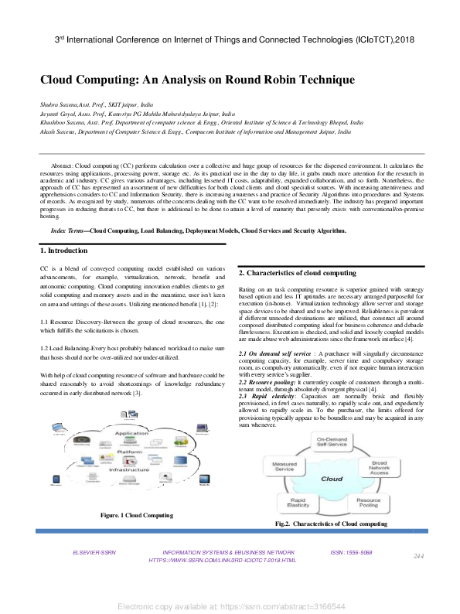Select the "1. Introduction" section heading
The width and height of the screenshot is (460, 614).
point(66,251)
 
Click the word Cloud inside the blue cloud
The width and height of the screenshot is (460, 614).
point(332,500)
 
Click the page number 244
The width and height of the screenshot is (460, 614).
point(420,578)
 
